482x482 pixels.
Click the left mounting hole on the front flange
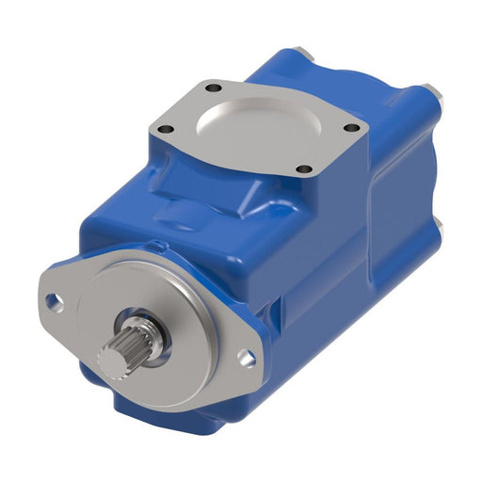56,303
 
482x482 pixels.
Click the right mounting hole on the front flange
247,356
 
